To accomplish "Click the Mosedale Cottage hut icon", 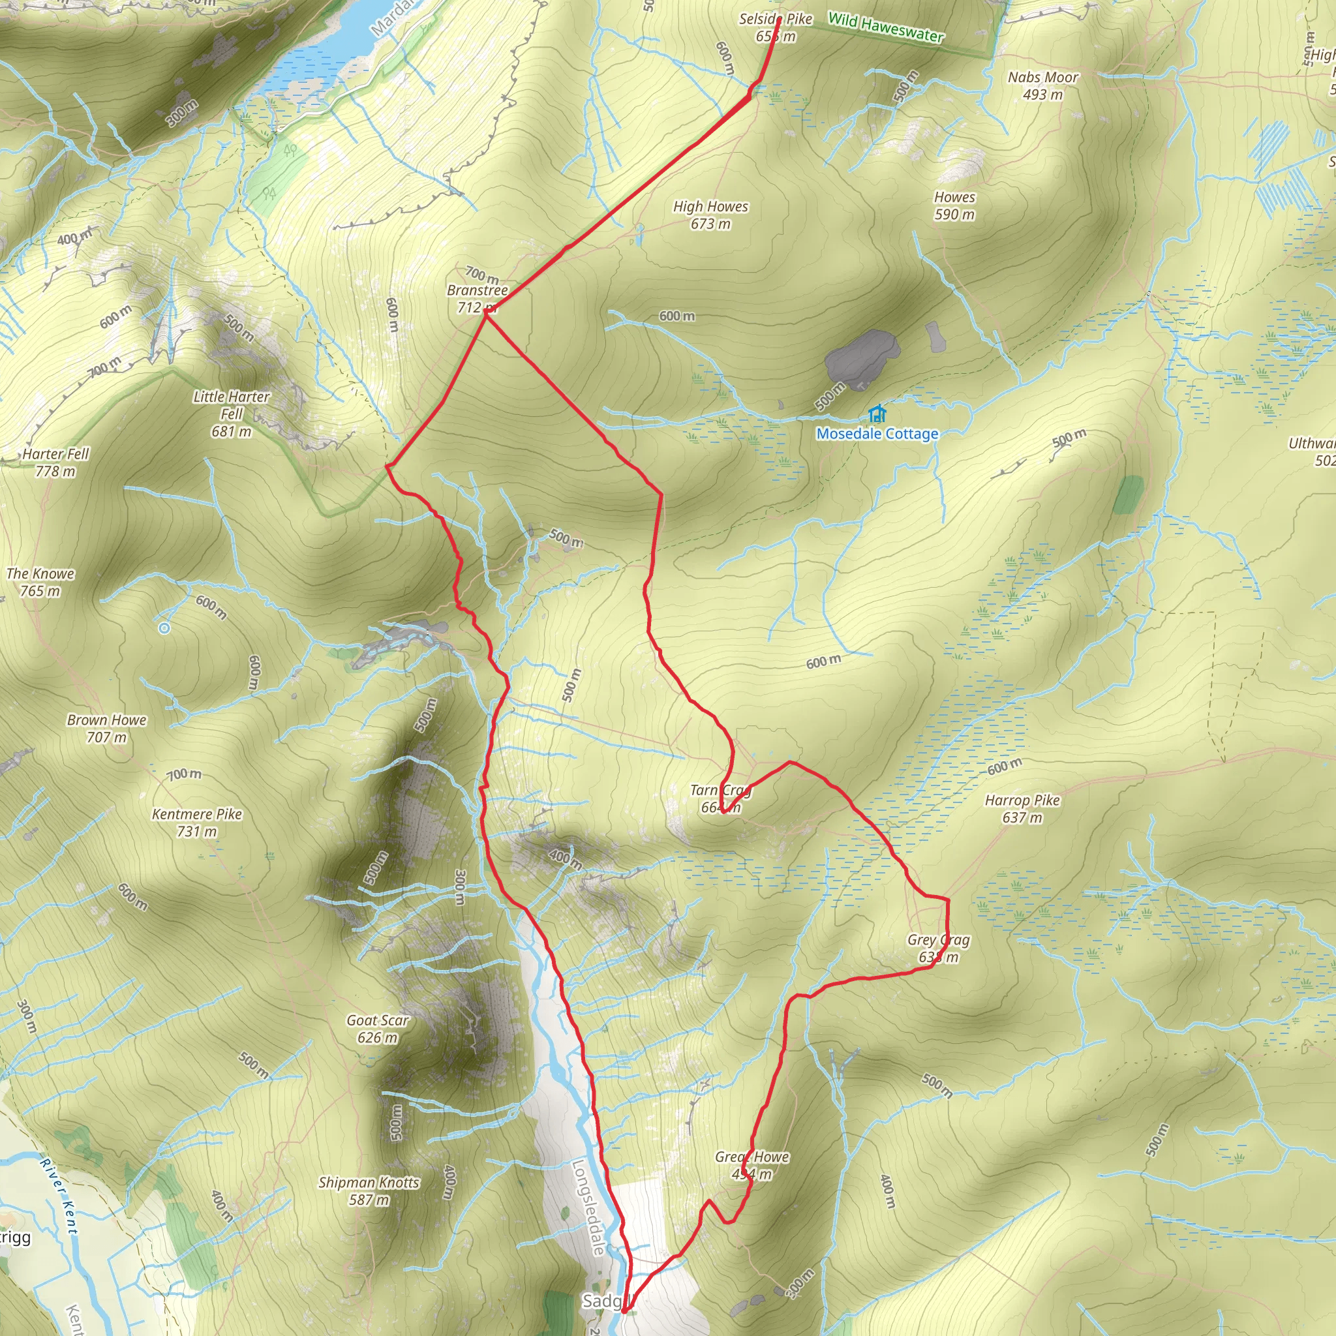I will coord(877,414).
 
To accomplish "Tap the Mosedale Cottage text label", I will coord(877,434).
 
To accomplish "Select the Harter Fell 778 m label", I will coord(55,462).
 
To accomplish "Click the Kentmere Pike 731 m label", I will coord(197,822).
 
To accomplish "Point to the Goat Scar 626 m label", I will coord(378,1028).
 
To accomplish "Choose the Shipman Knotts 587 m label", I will coord(369,1191).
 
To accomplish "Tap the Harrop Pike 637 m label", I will coord(1022,808).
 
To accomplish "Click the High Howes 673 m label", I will coord(711,215).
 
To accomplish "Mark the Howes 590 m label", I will coord(954,205).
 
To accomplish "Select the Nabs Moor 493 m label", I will coord(1043,85).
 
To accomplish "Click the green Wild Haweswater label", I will coord(886,27).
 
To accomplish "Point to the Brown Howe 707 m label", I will coord(106,728).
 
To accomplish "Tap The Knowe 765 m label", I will coord(40,581).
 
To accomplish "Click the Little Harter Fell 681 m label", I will coord(232,414).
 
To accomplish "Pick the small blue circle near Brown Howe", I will coord(164,628).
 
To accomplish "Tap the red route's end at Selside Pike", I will coord(780,20).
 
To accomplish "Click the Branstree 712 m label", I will coord(477,298).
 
